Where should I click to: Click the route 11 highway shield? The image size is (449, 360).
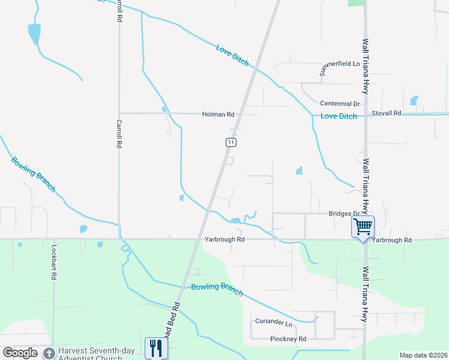click(x=231, y=142)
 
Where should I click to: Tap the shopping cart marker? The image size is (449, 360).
click(x=363, y=227)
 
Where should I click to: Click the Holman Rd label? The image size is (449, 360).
click(x=218, y=113)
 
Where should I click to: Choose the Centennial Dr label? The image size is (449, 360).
click(x=339, y=104)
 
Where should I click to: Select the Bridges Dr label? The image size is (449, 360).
click(x=343, y=214)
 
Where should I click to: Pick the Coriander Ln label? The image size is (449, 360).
click(x=273, y=322)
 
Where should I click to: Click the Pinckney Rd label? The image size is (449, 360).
click(x=288, y=339)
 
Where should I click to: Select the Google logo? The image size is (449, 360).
click(x=20, y=353)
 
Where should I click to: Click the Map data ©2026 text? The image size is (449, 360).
click(x=423, y=355)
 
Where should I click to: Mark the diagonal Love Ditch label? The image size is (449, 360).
click(x=232, y=55)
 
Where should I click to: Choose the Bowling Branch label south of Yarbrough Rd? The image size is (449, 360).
click(x=217, y=289)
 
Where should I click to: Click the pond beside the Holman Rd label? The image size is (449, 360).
click(x=164, y=109)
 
